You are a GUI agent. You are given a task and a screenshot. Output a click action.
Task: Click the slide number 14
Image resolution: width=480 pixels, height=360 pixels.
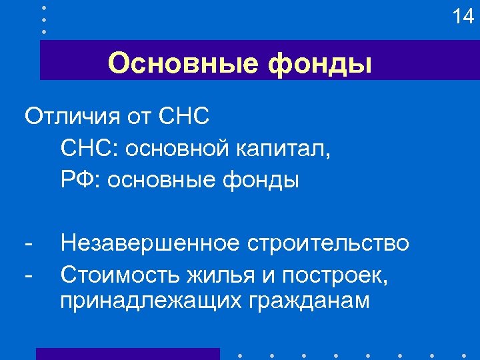[x=462, y=16]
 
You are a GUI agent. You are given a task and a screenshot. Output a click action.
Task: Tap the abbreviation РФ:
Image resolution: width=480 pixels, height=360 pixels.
[x=79, y=179]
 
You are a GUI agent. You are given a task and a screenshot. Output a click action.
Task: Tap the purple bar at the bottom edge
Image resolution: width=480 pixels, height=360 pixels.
[x=127, y=353]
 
